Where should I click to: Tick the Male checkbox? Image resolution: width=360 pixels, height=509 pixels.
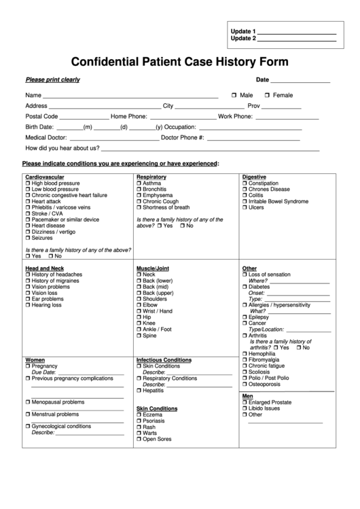coord(234,95)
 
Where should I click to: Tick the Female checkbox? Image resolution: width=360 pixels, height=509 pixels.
coord(268,95)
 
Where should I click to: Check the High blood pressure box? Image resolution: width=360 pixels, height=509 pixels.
coord(28,183)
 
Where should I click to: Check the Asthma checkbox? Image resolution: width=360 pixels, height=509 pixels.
coord(139,183)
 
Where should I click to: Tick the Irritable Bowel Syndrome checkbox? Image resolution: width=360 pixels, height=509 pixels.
coord(245,202)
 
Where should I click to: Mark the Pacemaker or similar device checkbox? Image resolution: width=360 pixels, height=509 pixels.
coord(28,220)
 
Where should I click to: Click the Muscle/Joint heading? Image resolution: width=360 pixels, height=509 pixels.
coord(153,268)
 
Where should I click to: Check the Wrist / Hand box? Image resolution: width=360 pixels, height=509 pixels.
coord(139,311)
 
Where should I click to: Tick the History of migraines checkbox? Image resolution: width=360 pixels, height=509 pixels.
coord(28,281)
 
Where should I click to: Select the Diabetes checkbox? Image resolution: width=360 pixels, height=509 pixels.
coord(245,287)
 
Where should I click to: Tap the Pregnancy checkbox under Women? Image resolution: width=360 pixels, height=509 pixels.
coord(28,366)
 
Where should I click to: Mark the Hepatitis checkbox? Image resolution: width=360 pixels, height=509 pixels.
coord(139,391)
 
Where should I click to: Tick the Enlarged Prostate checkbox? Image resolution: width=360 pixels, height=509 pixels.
coord(245,402)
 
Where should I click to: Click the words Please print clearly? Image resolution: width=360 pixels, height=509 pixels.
coord(52,80)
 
